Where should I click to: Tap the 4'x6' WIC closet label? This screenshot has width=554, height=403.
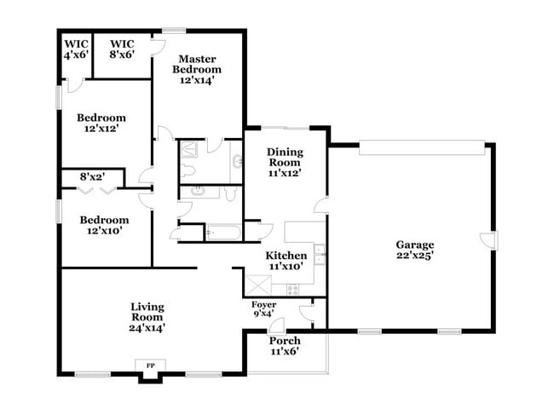coord(75,49)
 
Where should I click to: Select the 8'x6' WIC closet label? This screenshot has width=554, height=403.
coord(122,49)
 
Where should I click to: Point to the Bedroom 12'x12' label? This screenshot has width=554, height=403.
coord(101,123)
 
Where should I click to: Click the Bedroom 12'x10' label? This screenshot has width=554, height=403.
coord(105,224)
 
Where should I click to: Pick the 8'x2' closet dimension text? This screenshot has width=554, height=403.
coord(91,177)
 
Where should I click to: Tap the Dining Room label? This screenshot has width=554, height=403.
coord(285,162)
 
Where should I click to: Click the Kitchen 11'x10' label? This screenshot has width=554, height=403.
coord(286,261)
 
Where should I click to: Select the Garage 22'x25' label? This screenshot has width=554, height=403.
coord(414,249)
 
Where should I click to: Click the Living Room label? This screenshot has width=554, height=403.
coord(147,316)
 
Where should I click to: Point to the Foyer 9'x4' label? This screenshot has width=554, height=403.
coord(263,308)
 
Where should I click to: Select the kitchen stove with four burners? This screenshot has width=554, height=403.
coord(295,289)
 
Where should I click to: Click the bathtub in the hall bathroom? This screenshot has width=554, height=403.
coord(224,231)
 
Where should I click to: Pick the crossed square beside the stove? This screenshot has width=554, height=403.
coord(256,285)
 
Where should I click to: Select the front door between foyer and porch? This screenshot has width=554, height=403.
coord(278,327)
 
